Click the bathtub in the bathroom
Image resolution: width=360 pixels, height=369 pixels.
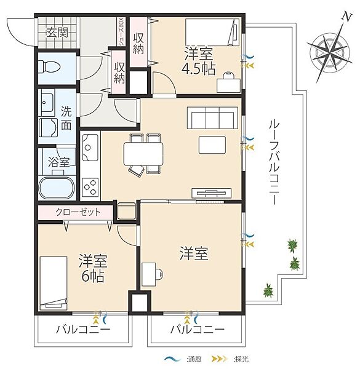(x=57, y=186)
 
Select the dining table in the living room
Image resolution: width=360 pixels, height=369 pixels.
(x=143, y=153)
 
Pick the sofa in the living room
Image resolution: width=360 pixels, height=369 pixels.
(x=212, y=117)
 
